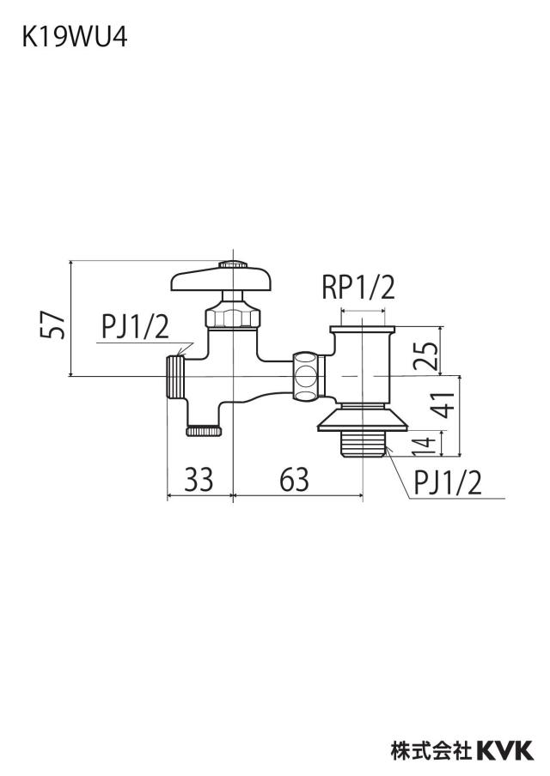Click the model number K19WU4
coord(74,37)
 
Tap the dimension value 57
coord(52,325)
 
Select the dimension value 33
coord(199,479)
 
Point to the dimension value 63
coord(294,479)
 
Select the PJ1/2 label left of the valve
coord(135,327)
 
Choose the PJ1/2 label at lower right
coord(448,482)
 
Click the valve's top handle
coord(222,280)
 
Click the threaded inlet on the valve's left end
coord(176,377)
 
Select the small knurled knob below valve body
coord(205,431)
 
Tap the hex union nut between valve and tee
coord(309,376)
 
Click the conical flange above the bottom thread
coord(363,421)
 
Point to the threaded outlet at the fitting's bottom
coord(364,445)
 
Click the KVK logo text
coord(505,750)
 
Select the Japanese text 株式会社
coord(431,750)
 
